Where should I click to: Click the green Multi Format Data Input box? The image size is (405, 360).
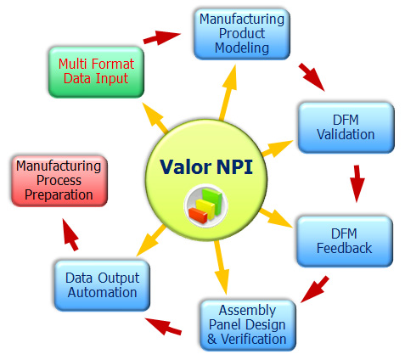click(96, 72)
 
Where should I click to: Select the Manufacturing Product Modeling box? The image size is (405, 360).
click(242, 34)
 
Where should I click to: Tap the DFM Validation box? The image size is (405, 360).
click(346, 127)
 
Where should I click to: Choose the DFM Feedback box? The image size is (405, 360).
click(345, 241)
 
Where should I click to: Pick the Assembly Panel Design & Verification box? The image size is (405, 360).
click(248, 325)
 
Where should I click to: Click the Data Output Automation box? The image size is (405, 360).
click(102, 285)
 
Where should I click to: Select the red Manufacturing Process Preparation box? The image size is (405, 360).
click(59, 181)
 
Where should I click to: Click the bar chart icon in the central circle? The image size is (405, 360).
click(205, 205)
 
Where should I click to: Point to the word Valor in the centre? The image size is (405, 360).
click(186, 167)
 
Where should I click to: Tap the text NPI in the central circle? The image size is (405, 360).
click(234, 166)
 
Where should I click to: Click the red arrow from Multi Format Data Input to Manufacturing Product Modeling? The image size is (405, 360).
click(161, 37)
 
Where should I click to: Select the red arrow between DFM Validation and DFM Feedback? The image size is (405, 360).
click(357, 183)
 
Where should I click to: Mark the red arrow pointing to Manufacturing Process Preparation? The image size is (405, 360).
click(70, 234)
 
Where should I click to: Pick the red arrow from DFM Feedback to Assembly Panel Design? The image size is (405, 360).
click(315, 290)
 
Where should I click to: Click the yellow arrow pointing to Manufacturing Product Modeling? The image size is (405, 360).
click(228, 93)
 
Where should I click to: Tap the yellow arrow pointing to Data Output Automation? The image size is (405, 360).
click(151, 240)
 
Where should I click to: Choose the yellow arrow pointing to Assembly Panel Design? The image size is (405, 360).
click(222, 267)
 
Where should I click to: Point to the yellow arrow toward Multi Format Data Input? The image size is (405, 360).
click(155, 118)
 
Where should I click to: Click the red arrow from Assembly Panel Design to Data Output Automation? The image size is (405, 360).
click(163, 326)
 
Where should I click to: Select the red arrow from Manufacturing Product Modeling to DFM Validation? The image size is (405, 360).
click(312, 77)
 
